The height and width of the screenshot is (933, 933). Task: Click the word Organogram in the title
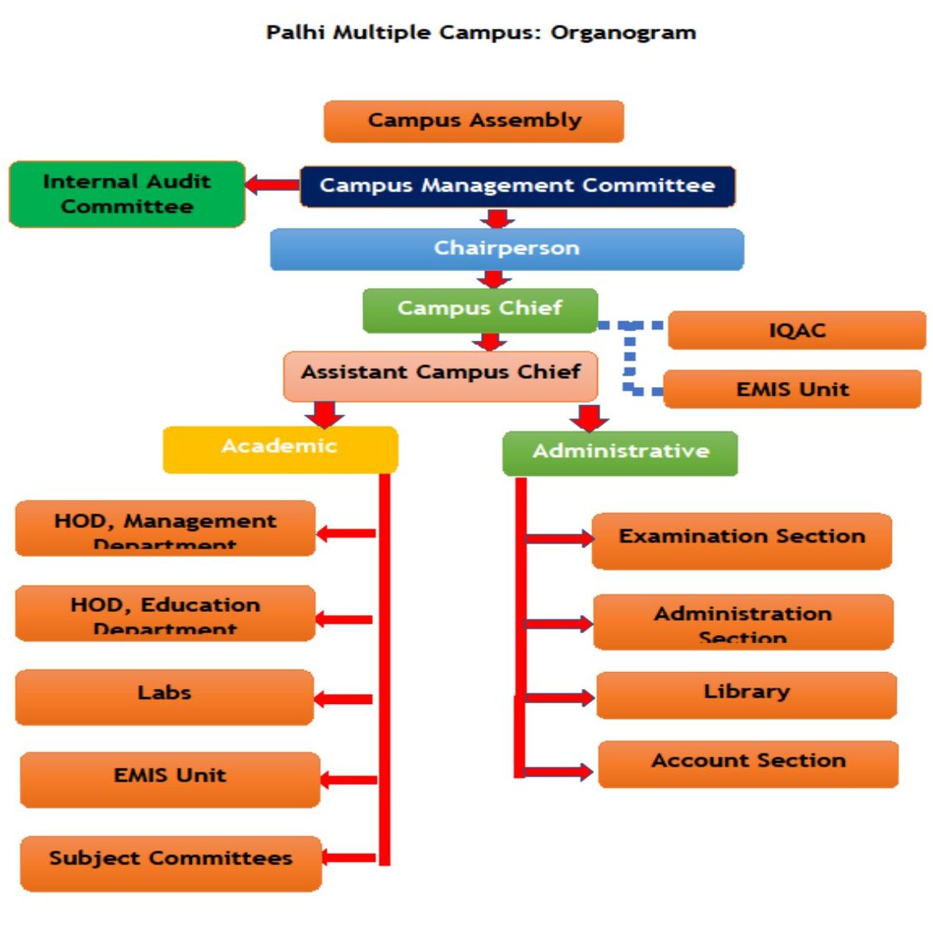[x=623, y=33]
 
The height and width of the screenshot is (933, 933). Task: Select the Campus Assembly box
[x=473, y=121]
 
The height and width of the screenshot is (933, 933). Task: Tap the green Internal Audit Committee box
[x=127, y=194]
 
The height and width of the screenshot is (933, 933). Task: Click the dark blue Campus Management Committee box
[x=516, y=186]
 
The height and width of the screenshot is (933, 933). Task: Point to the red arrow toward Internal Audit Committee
[x=272, y=185]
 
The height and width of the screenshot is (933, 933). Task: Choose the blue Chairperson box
[x=506, y=249]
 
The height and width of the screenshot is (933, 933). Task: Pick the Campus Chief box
[x=480, y=310]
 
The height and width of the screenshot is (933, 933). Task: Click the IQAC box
[x=796, y=331]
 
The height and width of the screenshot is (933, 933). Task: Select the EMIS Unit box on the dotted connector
[x=791, y=389]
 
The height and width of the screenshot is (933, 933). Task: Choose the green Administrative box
[x=620, y=453]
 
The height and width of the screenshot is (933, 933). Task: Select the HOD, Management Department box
[x=165, y=528]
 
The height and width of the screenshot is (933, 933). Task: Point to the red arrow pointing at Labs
[x=343, y=699]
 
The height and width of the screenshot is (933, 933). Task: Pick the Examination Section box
[x=741, y=540]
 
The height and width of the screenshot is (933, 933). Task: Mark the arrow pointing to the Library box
[x=558, y=698]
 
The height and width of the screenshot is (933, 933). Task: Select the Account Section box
[x=748, y=763]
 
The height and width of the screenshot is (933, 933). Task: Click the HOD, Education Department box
[x=165, y=613]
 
